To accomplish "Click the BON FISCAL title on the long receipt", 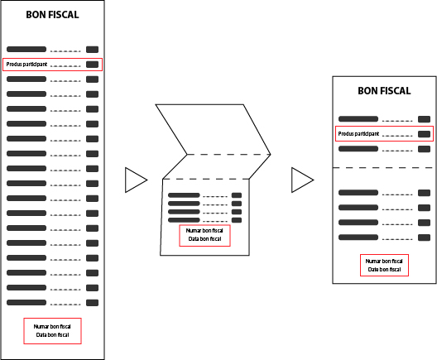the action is point(52,15).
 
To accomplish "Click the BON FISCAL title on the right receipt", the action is point(384,91).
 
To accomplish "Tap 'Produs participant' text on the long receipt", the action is point(26,65).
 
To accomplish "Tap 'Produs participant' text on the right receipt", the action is point(358,134).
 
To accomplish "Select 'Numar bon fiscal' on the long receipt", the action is point(52,326).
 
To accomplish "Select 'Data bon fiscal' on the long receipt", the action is point(52,334).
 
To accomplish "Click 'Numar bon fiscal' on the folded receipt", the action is point(204,230).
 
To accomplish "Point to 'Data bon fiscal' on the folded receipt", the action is point(205,239).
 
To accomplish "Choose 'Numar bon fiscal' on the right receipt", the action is point(384,261).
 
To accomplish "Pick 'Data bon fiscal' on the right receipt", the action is point(384,270).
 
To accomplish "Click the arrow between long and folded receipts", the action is point(136,180).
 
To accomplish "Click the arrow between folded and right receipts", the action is point(302,180).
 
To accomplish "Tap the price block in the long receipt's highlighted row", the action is point(92,65).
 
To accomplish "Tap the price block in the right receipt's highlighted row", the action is point(425,134).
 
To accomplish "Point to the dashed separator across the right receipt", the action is point(384,168).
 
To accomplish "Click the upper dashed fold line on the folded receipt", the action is point(228,155).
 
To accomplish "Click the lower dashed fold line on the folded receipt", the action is point(206,179).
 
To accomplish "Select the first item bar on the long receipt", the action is point(26,50).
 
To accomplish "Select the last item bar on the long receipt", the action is point(26,302).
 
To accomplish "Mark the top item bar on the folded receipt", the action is point(184,195).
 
